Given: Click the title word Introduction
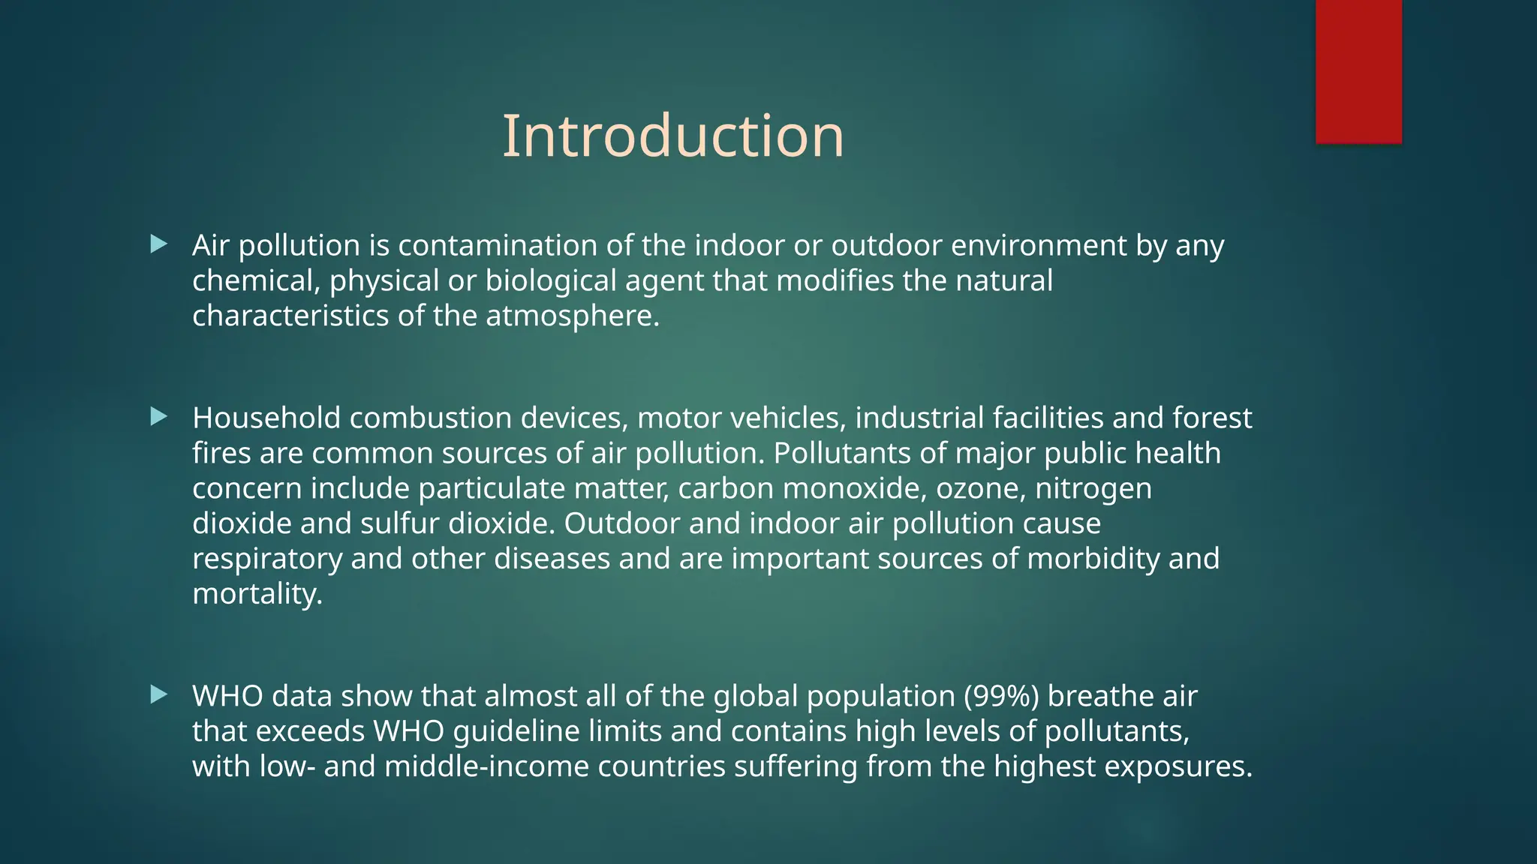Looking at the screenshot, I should [672, 136].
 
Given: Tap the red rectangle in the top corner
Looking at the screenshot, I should [1358, 71].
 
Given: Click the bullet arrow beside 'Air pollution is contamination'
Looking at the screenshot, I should [158, 244].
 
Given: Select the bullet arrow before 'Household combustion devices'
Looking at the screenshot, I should [158, 416].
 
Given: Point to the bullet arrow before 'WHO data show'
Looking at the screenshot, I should [158, 694].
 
